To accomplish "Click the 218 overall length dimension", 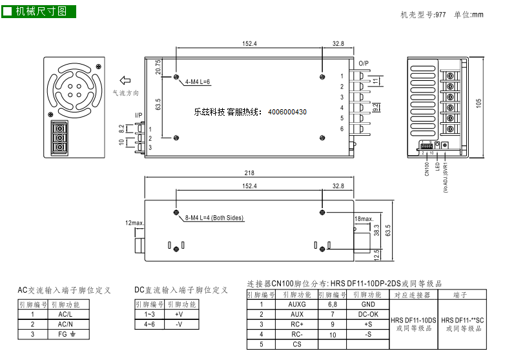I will click(x=249, y=173).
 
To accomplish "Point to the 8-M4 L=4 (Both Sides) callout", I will click(x=214, y=218).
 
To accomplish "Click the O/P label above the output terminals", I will click(x=364, y=63).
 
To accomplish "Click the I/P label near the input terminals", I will click(x=138, y=116).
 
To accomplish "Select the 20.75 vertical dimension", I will click(x=158, y=68).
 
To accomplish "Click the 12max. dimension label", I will click(x=135, y=223).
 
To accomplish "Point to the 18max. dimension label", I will click(x=364, y=219).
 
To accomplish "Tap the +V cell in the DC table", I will click(x=179, y=313).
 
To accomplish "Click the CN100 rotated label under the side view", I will click(x=427, y=168).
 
